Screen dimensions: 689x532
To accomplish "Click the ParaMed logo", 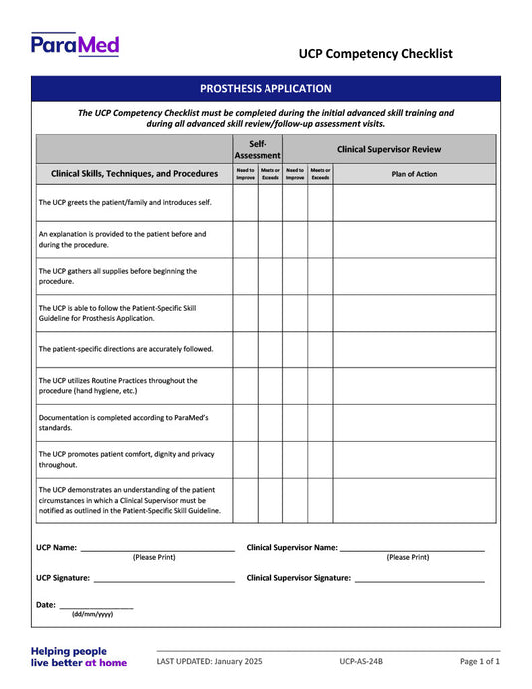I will pos(75,45).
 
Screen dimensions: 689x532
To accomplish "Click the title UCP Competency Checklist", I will pos(376,54).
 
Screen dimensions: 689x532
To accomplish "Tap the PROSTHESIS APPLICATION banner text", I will pos(266,89).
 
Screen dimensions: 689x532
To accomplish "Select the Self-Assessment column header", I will pos(258,149).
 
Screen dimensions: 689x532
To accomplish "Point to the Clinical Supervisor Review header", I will pos(389,149).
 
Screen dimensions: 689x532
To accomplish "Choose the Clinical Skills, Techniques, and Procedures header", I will pos(134,173).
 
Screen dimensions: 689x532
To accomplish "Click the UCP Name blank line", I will pos(157,549).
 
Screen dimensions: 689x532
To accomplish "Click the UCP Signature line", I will pos(163,579).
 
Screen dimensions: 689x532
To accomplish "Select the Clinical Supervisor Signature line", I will pos(419,579).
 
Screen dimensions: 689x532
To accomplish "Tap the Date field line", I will pos(96,606).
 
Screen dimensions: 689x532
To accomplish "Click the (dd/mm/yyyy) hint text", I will pos(92,615).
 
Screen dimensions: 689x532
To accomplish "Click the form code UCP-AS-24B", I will pos(361,661).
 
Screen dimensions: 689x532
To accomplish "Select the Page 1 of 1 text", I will pos(480,661).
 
